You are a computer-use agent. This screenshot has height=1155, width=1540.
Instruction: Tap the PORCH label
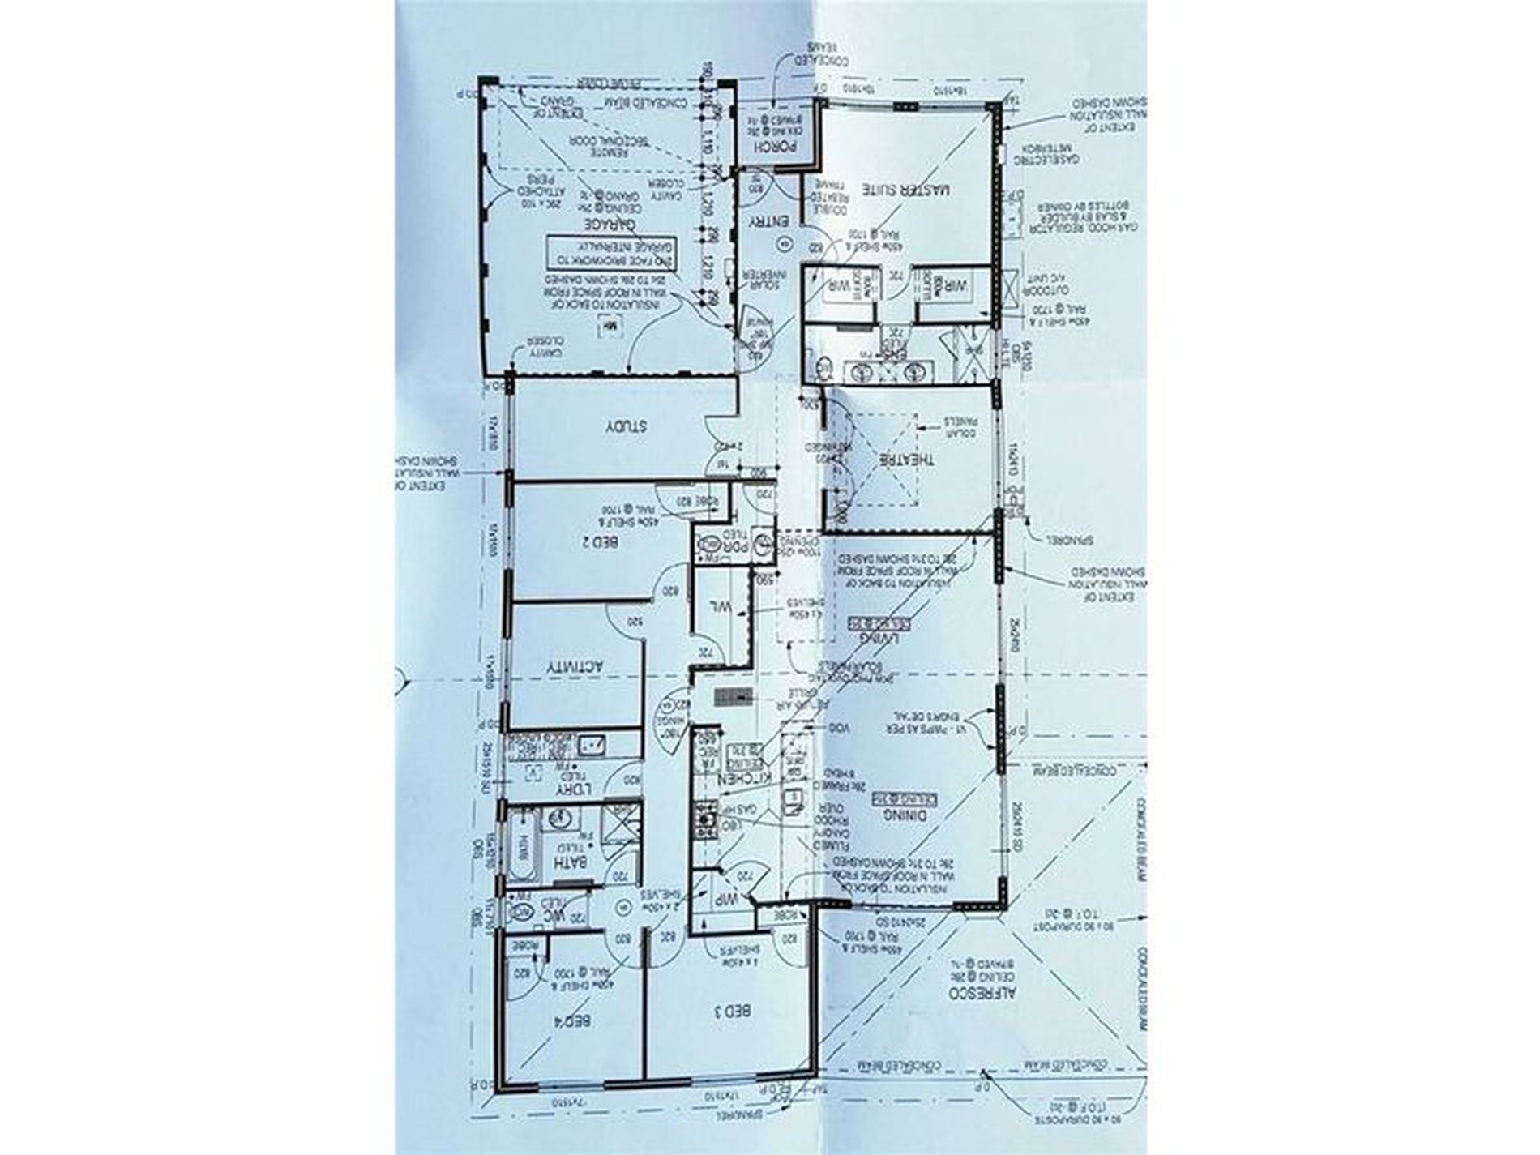[x=776, y=148]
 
